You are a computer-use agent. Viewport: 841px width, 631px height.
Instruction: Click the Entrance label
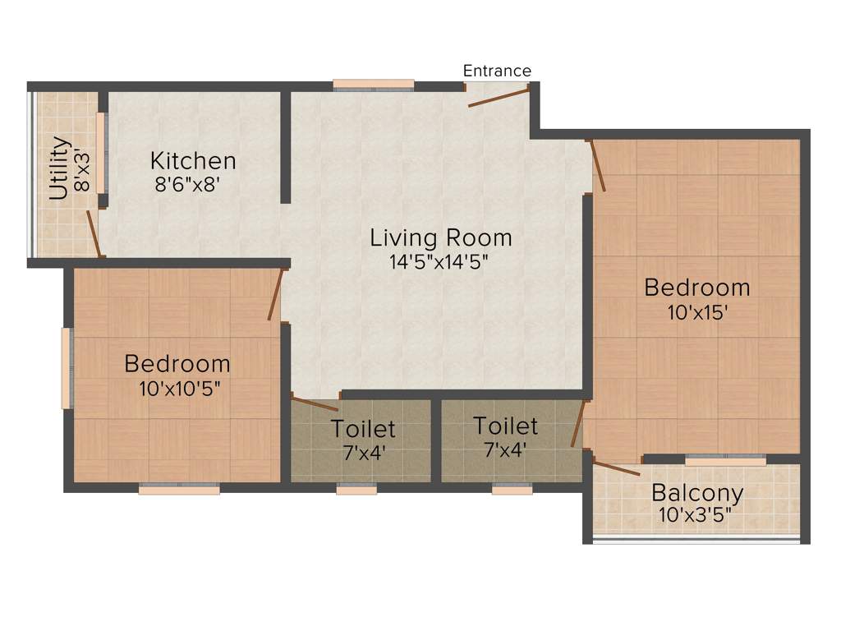point(497,71)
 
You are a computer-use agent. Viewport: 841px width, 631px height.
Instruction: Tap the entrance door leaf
point(499,98)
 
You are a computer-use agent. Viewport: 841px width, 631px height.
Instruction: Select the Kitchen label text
point(193,160)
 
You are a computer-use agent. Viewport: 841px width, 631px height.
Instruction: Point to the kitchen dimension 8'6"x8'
point(187,185)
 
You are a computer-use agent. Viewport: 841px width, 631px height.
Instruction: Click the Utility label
point(59,168)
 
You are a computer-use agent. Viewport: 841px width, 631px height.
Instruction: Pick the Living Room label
point(441,238)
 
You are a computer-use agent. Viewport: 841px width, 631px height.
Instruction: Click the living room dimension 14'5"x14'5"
point(441,262)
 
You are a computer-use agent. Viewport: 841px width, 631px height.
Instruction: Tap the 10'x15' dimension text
point(696,312)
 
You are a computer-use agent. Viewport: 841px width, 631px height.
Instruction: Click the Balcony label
point(697,494)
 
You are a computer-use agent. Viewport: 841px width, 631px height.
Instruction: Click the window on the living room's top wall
point(374,84)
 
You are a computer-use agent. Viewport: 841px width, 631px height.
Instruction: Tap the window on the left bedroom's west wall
point(66,368)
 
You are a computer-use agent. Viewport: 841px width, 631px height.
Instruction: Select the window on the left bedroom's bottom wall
point(179,490)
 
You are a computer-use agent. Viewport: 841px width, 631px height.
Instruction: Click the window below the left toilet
point(356,490)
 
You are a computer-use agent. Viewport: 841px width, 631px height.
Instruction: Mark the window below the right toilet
point(512,490)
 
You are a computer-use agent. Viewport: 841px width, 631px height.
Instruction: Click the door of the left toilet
point(315,403)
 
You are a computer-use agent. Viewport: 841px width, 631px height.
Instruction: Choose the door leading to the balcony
point(616,468)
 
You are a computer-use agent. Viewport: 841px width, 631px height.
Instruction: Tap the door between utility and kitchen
point(94,233)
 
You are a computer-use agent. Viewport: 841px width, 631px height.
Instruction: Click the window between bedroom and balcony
point(725,461)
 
